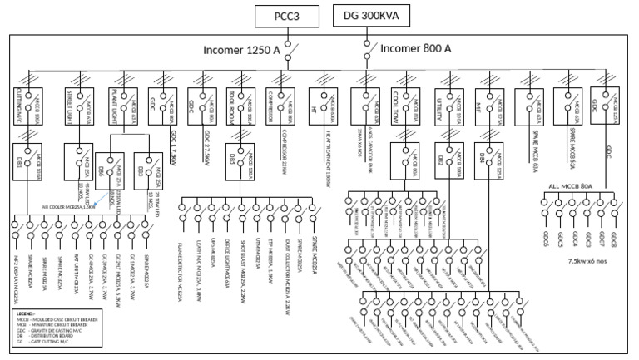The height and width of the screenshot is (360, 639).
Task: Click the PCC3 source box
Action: point(284,16)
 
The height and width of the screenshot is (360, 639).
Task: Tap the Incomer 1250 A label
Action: point(241,51)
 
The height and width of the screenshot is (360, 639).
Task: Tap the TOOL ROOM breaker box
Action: point(244,106)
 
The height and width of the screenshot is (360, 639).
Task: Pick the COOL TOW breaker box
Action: point(408,106)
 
